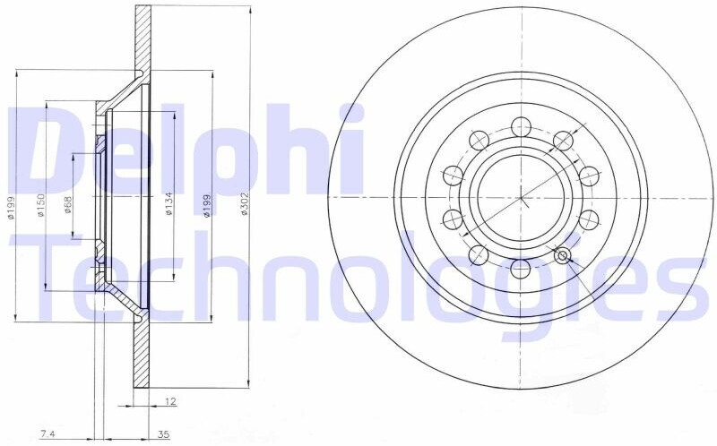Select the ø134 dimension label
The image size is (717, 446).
click(168, 204)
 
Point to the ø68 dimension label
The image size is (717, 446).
click(67, 204)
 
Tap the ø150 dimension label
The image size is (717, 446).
click(40, 205)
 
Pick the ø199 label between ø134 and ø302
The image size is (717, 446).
click(207, 206)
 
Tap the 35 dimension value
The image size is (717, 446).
click(163, 433)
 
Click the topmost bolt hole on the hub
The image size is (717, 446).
click(521, 126)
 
